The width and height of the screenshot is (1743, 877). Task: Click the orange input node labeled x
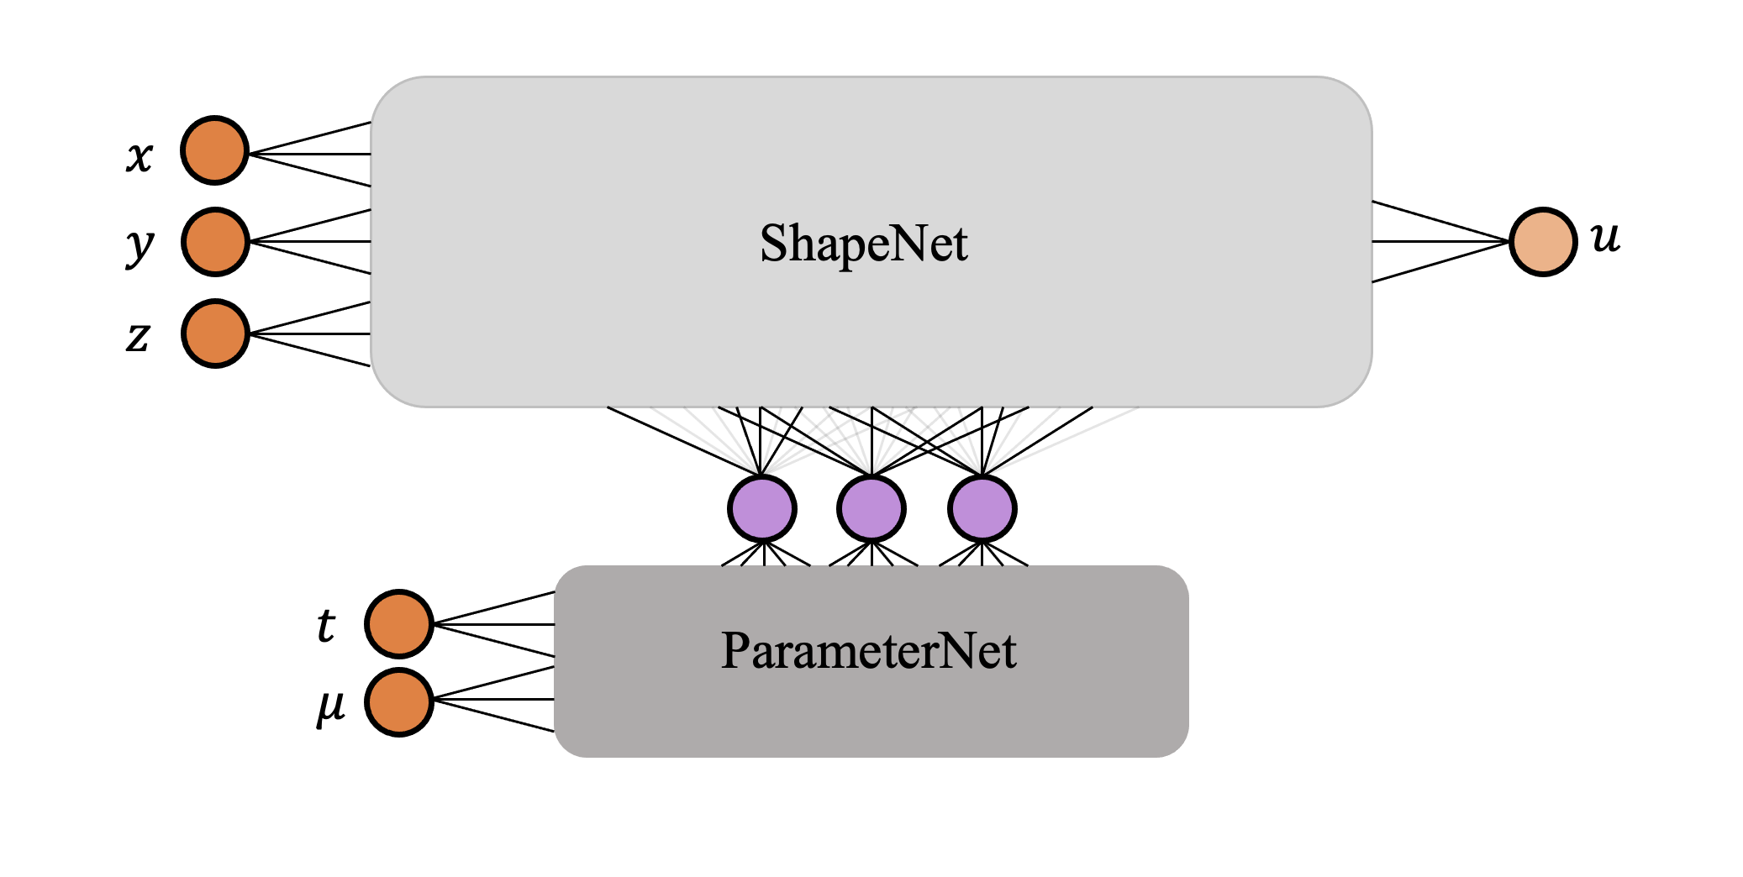tap(215, 150)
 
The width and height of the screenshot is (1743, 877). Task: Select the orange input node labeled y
tap(215, 242)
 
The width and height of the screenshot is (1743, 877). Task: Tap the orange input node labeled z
tap(215, 333)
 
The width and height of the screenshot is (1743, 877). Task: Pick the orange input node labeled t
tap(399, 624)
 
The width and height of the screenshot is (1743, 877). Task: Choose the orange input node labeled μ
tap(399, 702)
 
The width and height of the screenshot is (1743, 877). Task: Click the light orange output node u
tap(1543, 242)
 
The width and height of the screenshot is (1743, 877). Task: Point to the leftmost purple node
tap(761, 509)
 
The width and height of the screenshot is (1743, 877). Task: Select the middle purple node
tap(871, 509)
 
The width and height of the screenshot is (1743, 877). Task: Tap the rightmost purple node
tap(982, 509)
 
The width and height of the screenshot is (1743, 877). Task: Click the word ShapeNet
tap(864, 244)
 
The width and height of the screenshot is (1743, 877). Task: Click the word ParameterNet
tap(869, 650)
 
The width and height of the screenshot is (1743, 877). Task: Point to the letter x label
tap(140, 156)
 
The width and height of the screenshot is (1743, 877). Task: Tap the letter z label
tap(138, 338)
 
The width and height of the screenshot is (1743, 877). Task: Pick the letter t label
tap(326, 626)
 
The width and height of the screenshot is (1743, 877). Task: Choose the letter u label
tap(1605, 238)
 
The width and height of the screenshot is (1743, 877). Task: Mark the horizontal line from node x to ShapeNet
tap(311, 154)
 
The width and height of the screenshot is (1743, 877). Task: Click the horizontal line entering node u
tap(1441, 241)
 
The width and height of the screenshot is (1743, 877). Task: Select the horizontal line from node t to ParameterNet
tap(496, 624)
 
